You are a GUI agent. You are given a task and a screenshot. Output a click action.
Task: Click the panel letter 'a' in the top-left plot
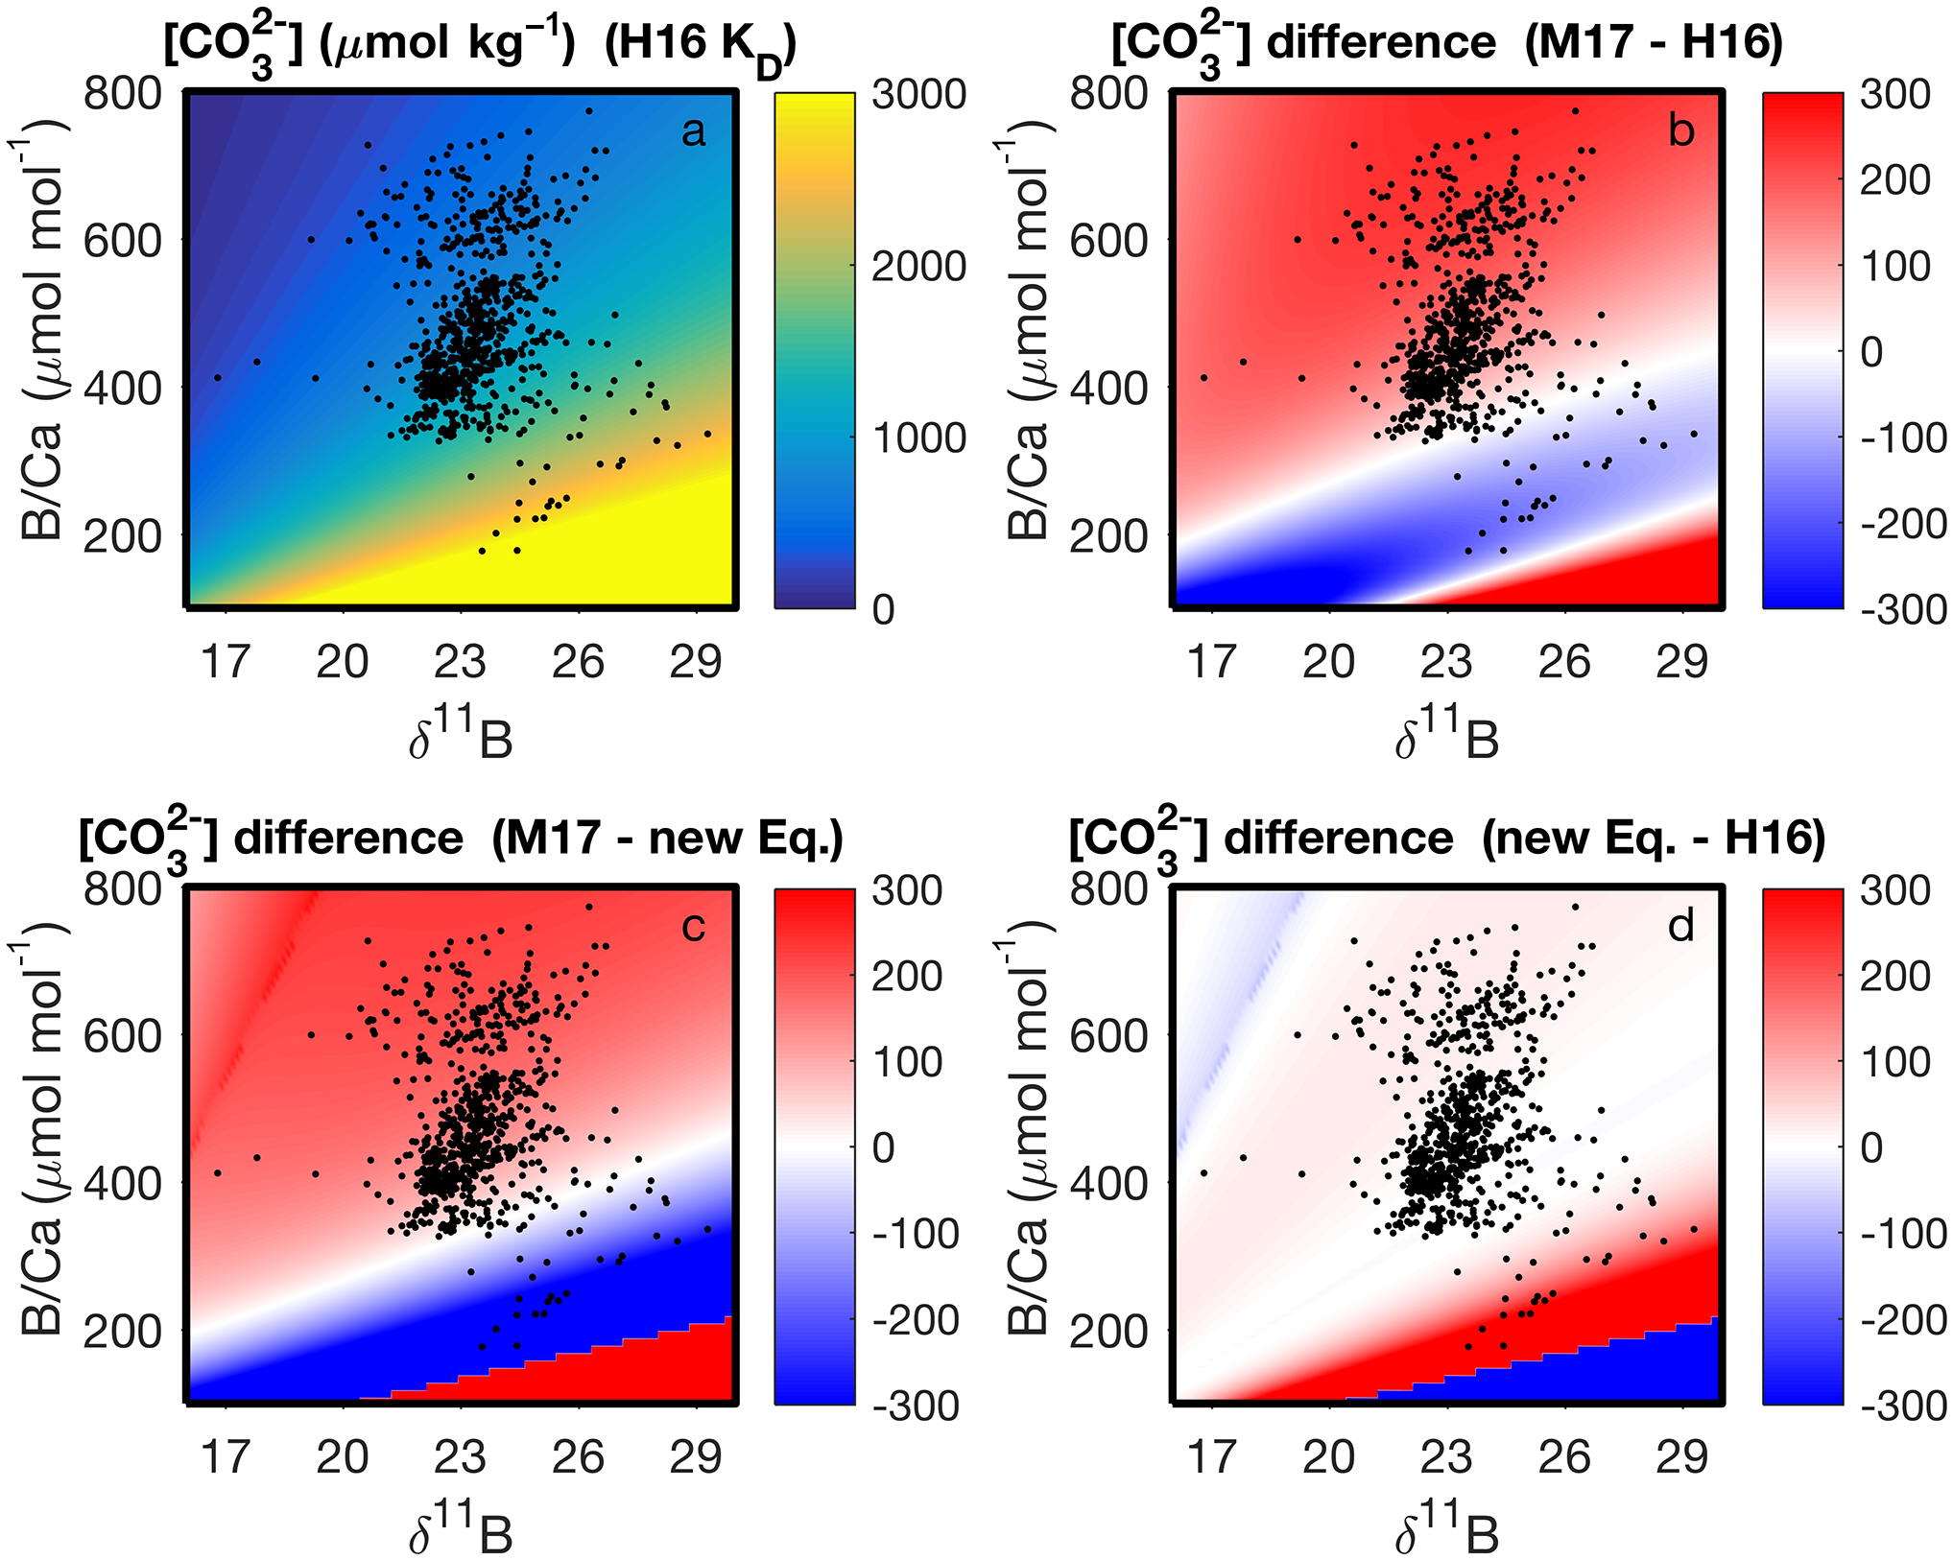pyautogui.click(x=693, y=132)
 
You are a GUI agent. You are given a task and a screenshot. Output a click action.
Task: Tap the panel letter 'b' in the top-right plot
pyautogui.click(x=1680, y=130)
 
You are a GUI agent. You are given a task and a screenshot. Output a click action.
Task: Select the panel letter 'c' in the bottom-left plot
pyautogui.click(x=693, y=927)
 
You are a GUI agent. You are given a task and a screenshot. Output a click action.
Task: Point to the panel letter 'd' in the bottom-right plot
pyautogui.click(x=1680, y=927)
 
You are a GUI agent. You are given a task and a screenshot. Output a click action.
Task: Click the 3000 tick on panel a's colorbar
pyautogui.click(x=918, y=94)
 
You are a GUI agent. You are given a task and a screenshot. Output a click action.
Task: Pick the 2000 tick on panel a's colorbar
pyautogui.click(x=918, y=266)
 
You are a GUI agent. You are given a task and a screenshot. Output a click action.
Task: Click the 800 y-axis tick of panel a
pyautogui.click(x=122, y=94)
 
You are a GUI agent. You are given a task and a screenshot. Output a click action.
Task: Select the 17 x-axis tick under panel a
pyautogui.click(x=226, y=662)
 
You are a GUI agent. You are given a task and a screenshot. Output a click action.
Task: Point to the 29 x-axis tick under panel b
pyautogui.click(x=1682, y=662)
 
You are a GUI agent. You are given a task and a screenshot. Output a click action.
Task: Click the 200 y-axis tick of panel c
pyautogui.click(x=122, y=1332)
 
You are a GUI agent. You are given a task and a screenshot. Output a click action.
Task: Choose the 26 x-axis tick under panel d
pyautogui.click(x=1564, y=1458)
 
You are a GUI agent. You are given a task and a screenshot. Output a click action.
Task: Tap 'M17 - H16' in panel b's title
pyautogui.click(x=1654, y=43)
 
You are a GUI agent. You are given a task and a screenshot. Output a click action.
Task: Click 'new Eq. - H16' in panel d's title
pyautogui.click(x=1653, y=839)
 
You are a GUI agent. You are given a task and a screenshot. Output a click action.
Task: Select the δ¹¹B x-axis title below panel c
pyautogui.click(x=461, y=1531)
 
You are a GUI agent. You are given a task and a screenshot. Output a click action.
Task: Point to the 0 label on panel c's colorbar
pyautogui.click(x=884, y=1148)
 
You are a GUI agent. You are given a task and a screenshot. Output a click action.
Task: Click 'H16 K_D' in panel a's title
pyautogui.click(x=700, y=45)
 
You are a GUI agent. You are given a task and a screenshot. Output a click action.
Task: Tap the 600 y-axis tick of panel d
pyautogui.click(x=1108, y=1037)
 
